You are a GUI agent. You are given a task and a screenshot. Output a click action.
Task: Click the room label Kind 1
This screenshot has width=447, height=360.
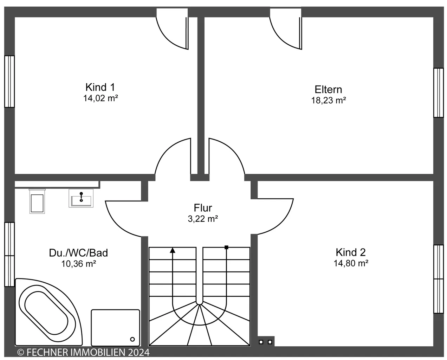click(x=100, y=87)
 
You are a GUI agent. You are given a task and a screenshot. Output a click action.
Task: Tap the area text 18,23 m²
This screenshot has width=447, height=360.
click(x=328, y=101)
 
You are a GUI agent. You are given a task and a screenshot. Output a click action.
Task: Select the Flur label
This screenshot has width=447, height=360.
click(x=203, y=208)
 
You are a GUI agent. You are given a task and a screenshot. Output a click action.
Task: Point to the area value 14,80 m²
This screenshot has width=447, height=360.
click(x=351, y=263)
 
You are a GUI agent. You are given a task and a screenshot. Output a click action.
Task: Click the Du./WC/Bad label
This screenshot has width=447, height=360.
click(x=78, y=253)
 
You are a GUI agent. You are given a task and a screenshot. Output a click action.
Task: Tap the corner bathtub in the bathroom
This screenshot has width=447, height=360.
click(x=48, y=312)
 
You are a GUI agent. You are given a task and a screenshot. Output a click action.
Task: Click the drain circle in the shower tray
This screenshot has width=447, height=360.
click(x=132, y=339)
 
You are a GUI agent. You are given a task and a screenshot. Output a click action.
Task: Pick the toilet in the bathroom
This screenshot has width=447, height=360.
click(x=37, y=201)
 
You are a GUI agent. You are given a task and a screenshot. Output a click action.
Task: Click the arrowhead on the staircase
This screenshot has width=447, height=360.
click(x=173, y=250)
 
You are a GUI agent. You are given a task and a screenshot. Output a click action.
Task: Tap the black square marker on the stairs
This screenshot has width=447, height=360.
click(x=226, y=247)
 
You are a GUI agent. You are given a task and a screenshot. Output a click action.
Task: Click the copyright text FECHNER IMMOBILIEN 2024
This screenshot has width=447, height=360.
click(x=83, y=352)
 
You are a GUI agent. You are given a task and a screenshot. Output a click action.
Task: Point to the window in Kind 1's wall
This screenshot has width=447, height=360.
click(x=9, y=82)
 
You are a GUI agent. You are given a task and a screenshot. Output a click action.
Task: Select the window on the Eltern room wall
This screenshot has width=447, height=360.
click(x=439, y=93)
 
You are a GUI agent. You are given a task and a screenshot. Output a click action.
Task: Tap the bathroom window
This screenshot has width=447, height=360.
click(x=9, y=255)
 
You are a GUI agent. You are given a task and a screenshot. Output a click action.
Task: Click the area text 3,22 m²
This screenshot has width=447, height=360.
click(x=203, y=219)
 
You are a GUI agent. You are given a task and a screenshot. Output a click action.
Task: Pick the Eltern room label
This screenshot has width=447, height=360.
click(x=328, y=90)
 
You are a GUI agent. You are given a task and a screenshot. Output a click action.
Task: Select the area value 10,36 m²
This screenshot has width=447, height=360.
click(x=78, y=264)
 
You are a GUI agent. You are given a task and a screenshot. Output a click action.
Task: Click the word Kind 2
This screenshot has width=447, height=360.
click(x=351, y=252)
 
